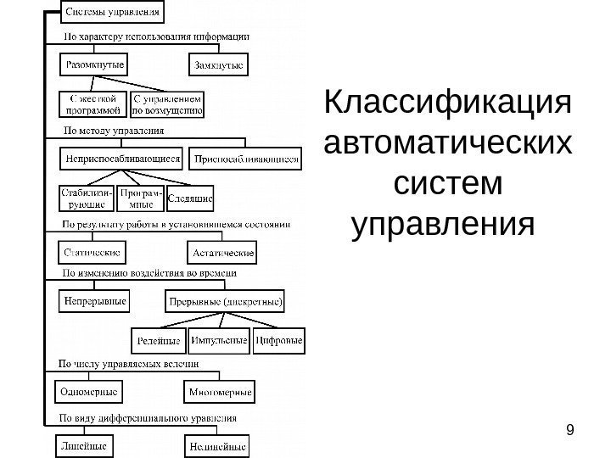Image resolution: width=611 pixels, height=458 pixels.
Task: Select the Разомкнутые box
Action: pyautogui.click(x=94, y=64)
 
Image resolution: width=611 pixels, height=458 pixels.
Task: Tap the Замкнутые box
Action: pyautogui.click(x=216, y=64)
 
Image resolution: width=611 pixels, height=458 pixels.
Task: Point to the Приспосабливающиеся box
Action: pyautogui.click(x=247, y=158)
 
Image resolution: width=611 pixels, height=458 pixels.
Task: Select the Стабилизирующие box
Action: pyautogui.click(x=86, y=198)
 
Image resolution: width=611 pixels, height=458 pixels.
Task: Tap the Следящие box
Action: pyautogui.click(x=191, y=199)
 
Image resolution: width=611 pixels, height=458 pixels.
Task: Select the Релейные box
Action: pyautogui.click(x=159, y=341)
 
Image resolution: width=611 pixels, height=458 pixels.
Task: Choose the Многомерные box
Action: pyautogui.click(x=219, y=392)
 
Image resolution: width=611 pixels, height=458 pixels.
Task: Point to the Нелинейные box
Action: pyautogui.click(x=216, y=444)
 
